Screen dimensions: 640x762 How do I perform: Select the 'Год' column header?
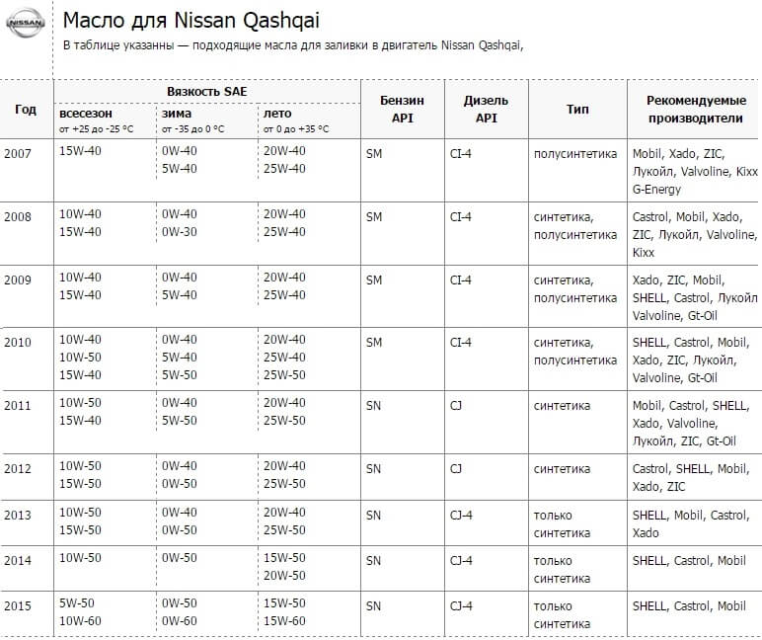click(x=26, y=109)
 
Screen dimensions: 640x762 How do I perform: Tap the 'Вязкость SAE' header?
click(x=206, y=91)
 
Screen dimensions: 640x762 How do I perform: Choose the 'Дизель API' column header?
click(x=486, y=109)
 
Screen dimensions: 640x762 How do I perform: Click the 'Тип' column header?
click(x=577, y=109)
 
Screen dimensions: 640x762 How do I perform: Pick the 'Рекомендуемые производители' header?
click(x=695, y=109)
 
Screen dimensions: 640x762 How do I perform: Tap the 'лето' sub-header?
click(x=277, y=114)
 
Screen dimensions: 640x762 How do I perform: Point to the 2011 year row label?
click(x=18, y=406)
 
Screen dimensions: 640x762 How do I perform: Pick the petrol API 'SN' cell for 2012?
click(x=373, y=468)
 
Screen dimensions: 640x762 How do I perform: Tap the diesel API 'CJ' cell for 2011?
click(x=455, y=406)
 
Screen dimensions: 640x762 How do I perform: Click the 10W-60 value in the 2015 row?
click(x=80, y=621)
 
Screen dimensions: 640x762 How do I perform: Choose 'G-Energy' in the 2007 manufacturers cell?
click(x=656, y=190)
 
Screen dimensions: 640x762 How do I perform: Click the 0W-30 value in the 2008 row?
click(x=179, y=231)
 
